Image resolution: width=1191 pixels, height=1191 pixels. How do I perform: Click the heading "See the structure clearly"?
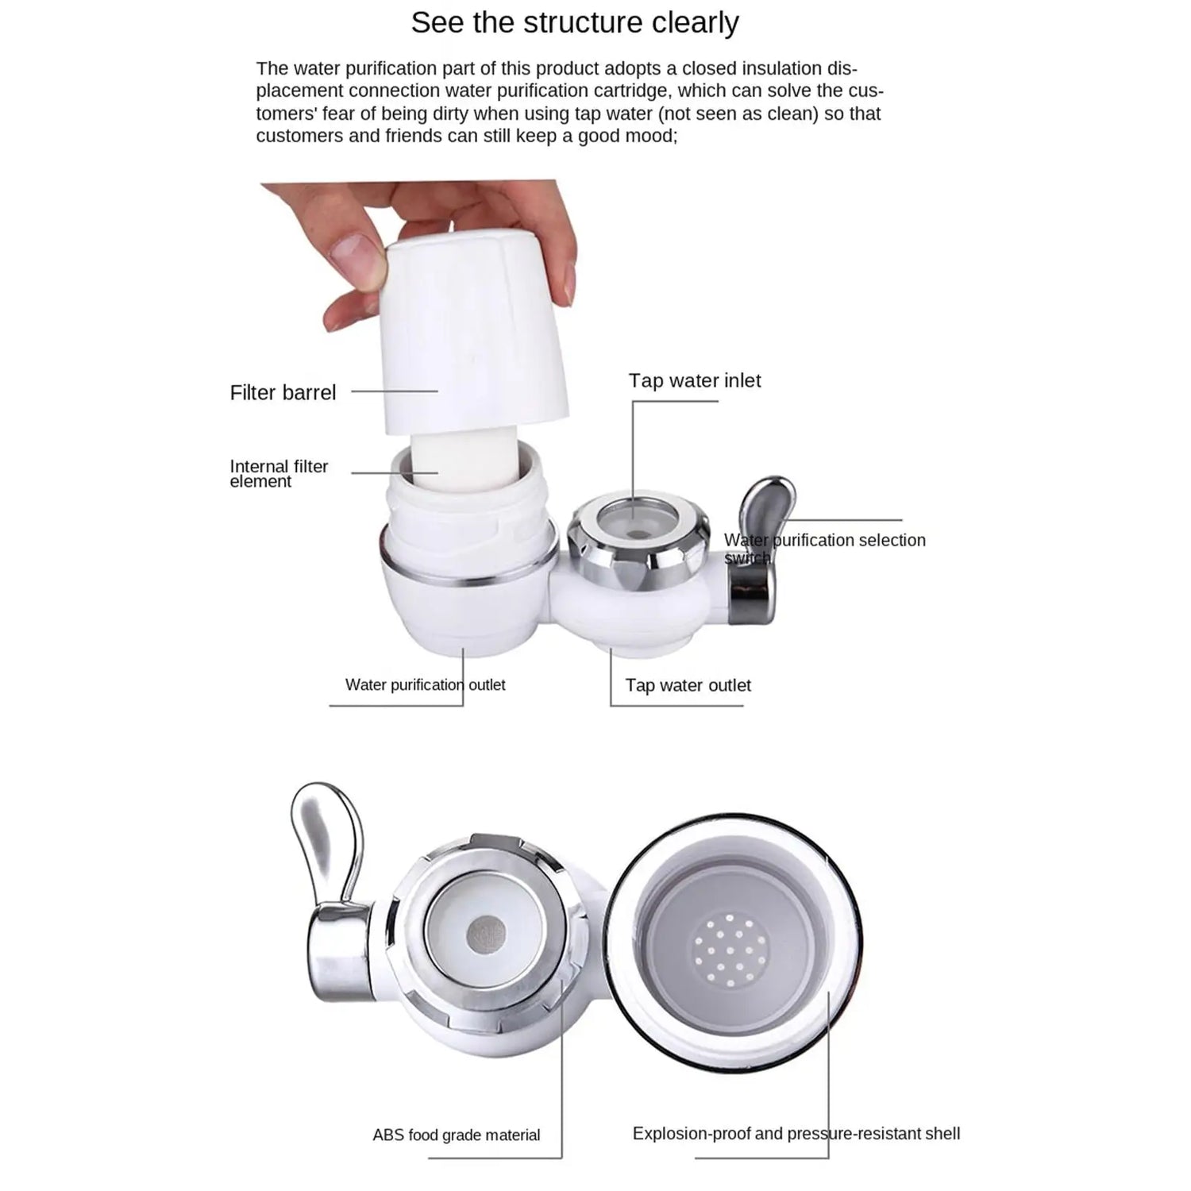(x=574, y=23)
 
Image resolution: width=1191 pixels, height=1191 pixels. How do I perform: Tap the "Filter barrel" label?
(x=283, y=392)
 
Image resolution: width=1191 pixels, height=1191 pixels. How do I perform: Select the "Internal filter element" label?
(x=278, y=473)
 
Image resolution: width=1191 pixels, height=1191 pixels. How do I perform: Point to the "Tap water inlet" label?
(x=695, y=381)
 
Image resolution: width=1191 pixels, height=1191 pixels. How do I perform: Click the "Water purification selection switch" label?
(x=824, y=548)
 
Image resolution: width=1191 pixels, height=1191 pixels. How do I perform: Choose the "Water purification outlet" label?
(x=425, y=684)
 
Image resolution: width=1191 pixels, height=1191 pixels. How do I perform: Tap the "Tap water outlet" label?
(x=688, y=685)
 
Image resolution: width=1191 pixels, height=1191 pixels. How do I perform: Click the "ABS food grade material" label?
(x=457, y=1135)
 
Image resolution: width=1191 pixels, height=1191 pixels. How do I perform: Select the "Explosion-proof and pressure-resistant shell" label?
(x=796, y=1134)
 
